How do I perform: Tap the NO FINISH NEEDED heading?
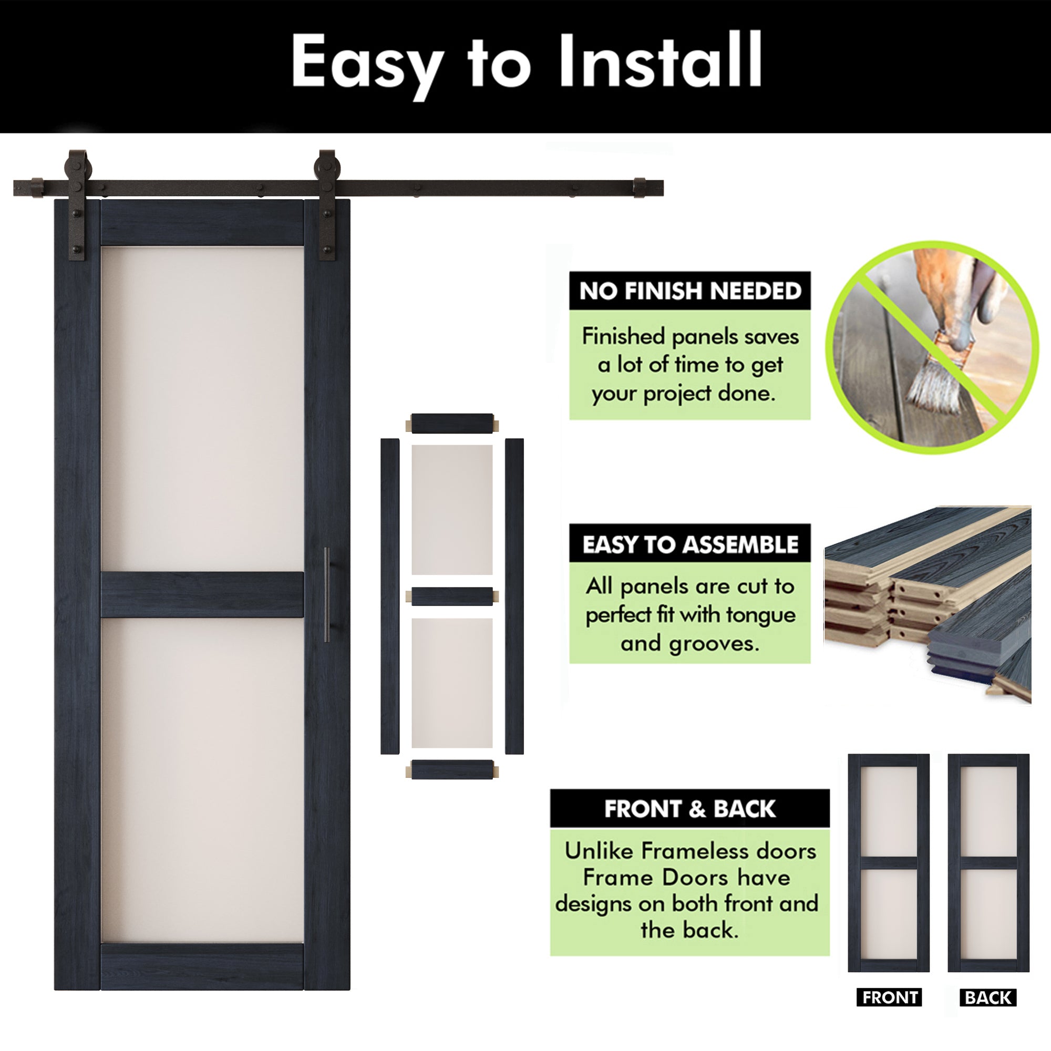click(x=690, y=291)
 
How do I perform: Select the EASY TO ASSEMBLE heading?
click(x=690, y=544)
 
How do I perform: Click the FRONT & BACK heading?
click(x=689, y=809)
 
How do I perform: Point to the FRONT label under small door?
click(x=890, y=998)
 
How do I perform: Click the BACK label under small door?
click(x=988, y=998)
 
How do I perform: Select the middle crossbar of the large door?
click(x=202, y=594)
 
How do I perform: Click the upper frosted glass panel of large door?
click(x=202, y=408)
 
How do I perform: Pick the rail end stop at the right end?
click(x=640, y=187)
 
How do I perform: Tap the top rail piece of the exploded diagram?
click(x=452, y=423)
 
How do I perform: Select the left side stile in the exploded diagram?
click(x=389, y=596)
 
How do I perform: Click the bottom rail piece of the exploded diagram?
click(x=452, y=770)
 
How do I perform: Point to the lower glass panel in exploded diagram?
click(x=452, y=683)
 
